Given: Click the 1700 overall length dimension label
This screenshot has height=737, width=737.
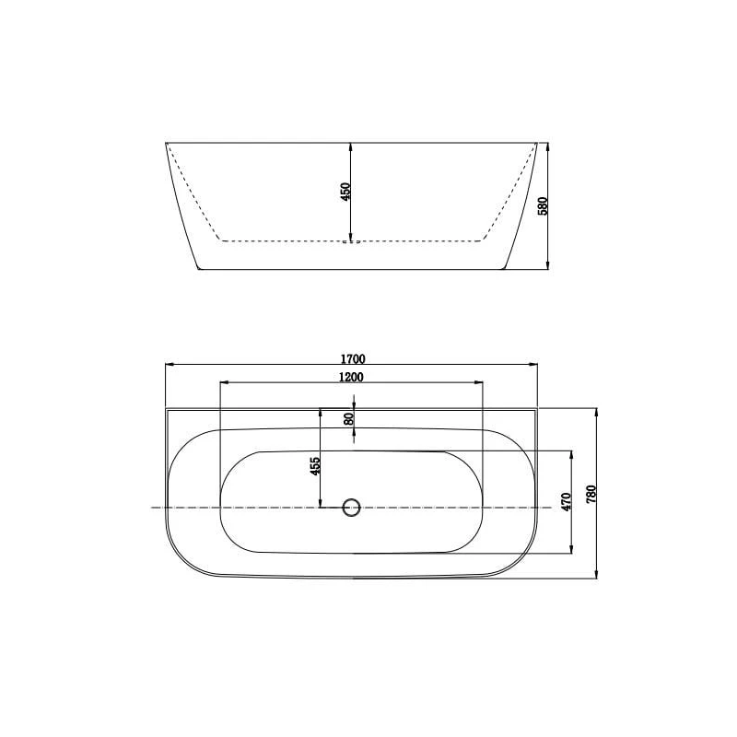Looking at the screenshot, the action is tap(353, 359).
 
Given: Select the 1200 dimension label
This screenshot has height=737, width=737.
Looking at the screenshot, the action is tap(351, 377).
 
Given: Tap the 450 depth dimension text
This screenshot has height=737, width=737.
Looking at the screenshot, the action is tap(345, 192).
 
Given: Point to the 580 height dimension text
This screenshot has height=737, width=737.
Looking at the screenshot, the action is tap(543, 205).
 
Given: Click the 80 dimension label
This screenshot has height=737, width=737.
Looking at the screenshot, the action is tap(349, 419).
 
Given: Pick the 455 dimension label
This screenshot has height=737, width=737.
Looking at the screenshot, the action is tap(315, 466).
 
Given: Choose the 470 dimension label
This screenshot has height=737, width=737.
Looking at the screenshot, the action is tap(566, 502).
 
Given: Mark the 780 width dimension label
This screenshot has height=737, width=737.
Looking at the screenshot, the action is tap(591, 494).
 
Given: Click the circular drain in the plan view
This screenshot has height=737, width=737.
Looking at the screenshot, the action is tap(351, 508).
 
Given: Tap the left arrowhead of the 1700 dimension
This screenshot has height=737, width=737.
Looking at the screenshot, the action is tap(170, 364).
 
